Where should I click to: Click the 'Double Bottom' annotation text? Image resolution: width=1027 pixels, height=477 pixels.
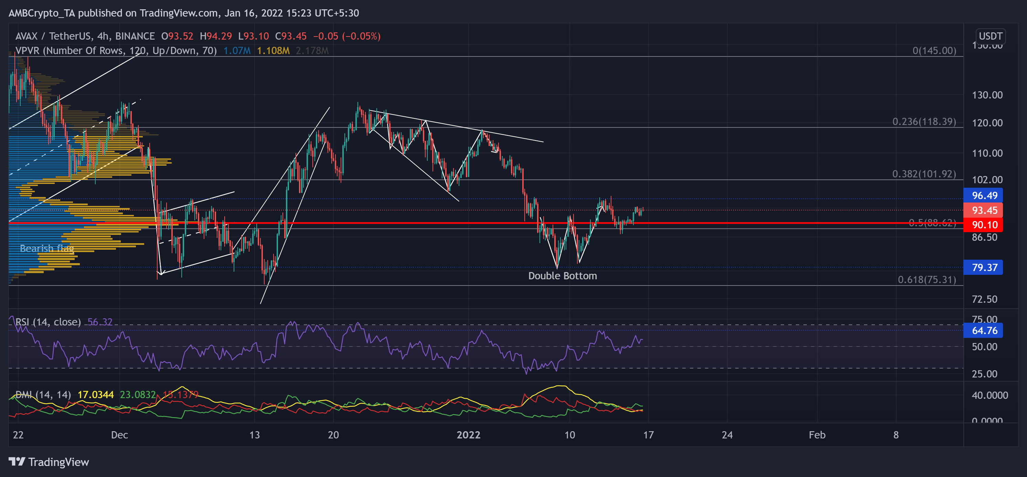562,276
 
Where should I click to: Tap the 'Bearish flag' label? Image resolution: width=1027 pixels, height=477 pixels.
47,249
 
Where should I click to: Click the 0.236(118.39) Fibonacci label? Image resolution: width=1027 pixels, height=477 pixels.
924,121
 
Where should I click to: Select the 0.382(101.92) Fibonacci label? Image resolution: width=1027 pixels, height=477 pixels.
924,174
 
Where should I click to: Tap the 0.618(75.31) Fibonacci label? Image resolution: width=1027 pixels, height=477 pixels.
927,280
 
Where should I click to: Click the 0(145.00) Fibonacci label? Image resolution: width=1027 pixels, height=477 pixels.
934,51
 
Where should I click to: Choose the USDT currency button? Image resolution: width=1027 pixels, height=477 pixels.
990,36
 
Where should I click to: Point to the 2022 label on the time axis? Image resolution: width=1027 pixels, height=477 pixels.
469,435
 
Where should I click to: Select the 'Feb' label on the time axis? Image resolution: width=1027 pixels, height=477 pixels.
817,435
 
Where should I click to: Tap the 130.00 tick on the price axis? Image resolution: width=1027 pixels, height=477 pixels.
987,95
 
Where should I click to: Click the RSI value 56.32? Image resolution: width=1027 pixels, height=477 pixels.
100,322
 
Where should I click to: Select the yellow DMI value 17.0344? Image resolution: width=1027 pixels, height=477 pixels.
96,395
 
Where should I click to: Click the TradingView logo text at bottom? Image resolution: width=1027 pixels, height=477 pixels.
58,462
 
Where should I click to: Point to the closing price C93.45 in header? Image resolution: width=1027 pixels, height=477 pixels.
291,36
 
